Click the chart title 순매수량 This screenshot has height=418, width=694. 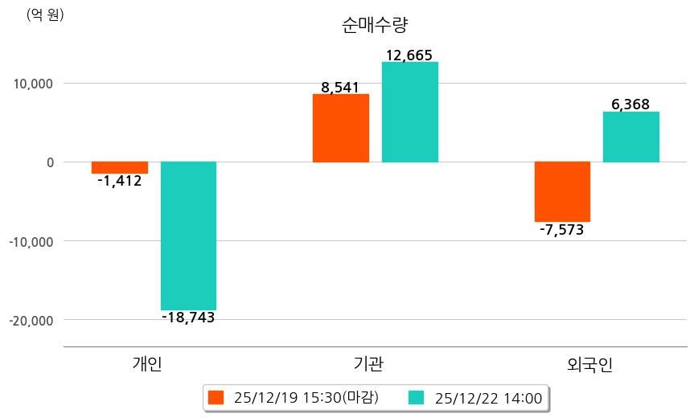pyautogui.click(x=376, y=25)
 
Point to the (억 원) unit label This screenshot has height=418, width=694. pyautogui.click(x=46, y=14)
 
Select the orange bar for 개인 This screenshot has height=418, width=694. pyautogui.click(x=119, y=167)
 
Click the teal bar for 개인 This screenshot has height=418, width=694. pyautogui.click(x=188, y=236)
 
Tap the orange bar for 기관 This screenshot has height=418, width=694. pyautogui.click(x=340, y=129)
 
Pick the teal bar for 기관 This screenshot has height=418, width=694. pyautogui.click(x=409, y=113)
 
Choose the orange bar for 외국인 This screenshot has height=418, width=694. pyautogui.click(x=562, y=191)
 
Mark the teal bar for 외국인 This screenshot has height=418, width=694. pyautogui.click(x=630, y=137)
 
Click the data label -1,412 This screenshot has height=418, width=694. pyautogui.click(x=119, y=182)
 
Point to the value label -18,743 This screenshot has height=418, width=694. pyautogui.click(x=188, y=318)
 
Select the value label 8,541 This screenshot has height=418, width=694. pyautogui.click(x=340, y=88)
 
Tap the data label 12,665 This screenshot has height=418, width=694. pyautogui.click(x=409, y=55)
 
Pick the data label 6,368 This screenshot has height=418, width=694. pyautogui.click(x=630, y=104)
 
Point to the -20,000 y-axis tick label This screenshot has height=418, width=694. pyautogui.click(x=31, y=320)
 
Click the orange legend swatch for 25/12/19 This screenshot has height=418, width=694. pyautogui.click(x=215, y=397)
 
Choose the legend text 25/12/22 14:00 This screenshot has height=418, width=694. pyautogui.click(x=488, y=397)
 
